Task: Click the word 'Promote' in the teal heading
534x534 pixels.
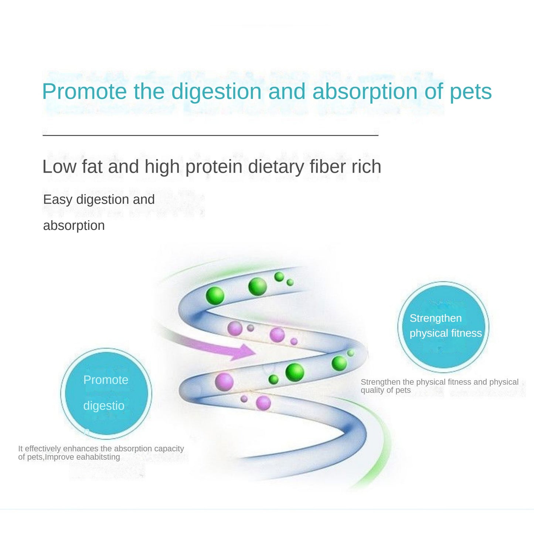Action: [x=84, y=91]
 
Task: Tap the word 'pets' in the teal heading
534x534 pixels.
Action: [x=470, y=91]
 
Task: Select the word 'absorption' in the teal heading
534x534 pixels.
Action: [x=364, y=91]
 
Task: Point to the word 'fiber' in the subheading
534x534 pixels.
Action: [x=324, y=167]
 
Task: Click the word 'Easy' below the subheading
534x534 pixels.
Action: [x=58, y=200]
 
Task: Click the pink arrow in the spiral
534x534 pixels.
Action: [x=237, y=350]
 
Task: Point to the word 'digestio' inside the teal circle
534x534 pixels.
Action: [x=104, y=406]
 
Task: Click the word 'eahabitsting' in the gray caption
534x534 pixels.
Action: [x=98, y=457]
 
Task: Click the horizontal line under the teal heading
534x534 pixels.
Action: [x=210, y=135]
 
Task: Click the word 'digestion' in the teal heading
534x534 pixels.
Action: [x=216, y=91]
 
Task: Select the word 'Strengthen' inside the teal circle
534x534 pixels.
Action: [x=435, y=318]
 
